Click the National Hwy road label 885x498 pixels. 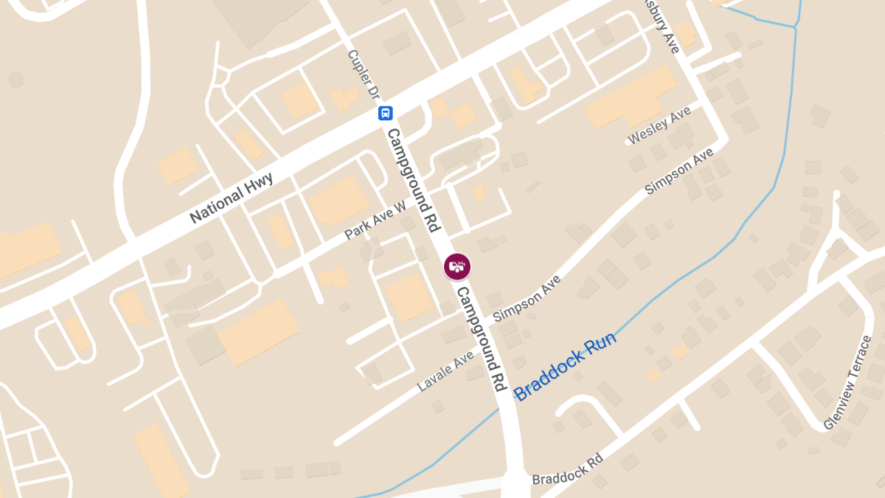[x=232, y=197]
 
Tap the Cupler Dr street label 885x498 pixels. [x=363, y=75]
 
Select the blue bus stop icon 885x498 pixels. [x=385, y=113]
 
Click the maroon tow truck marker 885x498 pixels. [x=457, y=266]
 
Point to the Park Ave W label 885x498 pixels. [x=375, y=221]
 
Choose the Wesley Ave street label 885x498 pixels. [x=659, y=125]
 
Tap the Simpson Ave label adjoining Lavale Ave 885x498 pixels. [x=527, y=298]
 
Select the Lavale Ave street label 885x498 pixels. [x=445, y=370]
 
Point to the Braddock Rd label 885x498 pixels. [x=567, y=468]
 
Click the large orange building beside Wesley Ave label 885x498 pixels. [x=631, y=97]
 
